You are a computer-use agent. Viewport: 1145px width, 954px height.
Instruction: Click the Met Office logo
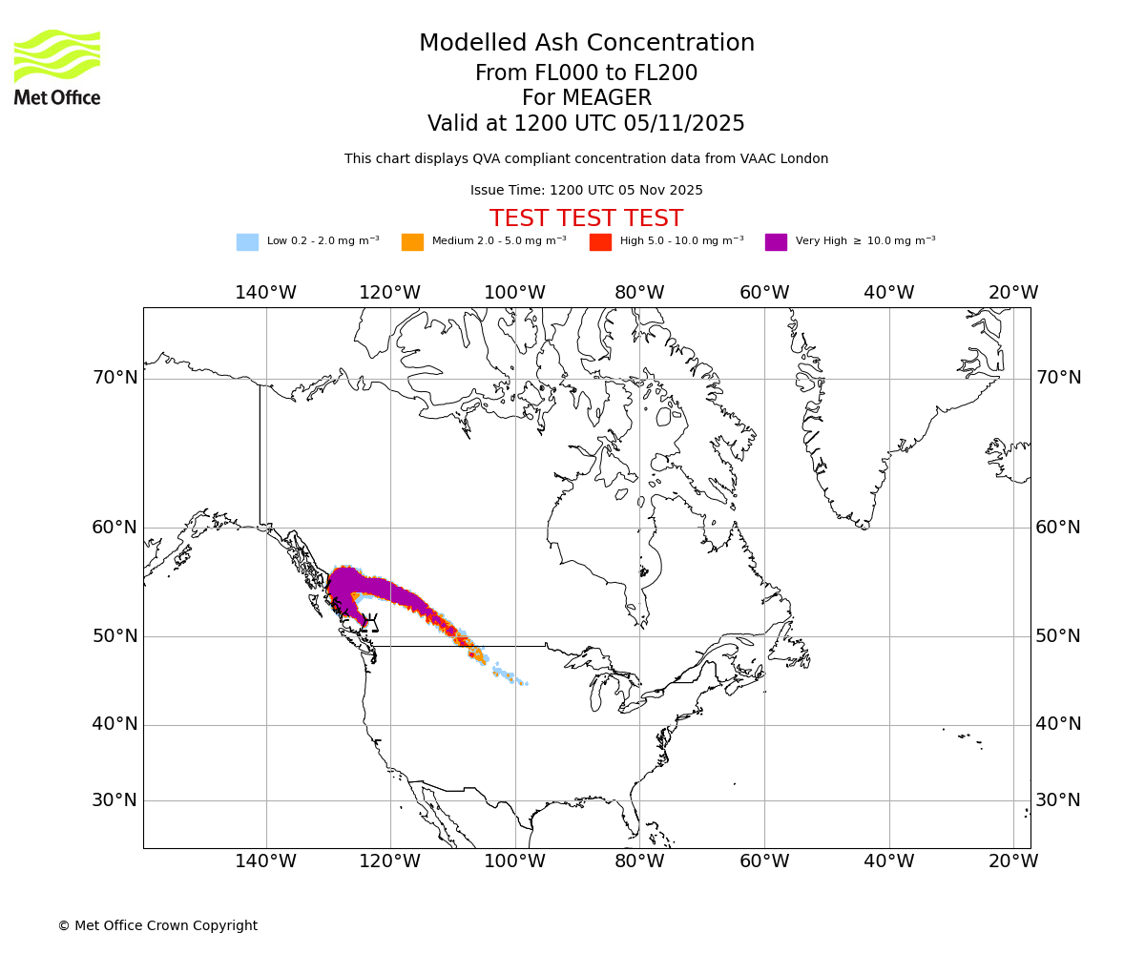(57, 67)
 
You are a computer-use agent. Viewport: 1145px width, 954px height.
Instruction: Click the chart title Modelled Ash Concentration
(586, 44)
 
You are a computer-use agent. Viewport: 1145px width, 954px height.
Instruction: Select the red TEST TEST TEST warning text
(586, 219)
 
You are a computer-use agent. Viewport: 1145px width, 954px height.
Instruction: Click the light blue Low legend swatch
(247, 242)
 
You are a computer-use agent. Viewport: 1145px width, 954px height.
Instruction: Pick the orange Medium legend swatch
(412, 242)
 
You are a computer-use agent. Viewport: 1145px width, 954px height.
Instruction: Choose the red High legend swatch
(600, 242)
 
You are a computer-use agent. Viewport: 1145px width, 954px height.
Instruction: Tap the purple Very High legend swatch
(776, 242)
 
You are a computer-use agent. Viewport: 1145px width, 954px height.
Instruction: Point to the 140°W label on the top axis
(265, 293)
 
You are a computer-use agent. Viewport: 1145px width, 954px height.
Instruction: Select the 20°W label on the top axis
(1013, 293)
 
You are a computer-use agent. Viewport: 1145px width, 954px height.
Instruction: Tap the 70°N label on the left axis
(114, 378)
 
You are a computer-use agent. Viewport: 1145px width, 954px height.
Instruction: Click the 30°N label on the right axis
(1059, 800)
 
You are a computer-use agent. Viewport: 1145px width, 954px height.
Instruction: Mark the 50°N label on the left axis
(114, 636)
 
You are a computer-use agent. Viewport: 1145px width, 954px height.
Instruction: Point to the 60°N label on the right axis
(1059, 528)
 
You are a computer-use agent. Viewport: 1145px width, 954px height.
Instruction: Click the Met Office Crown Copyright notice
(157, 926)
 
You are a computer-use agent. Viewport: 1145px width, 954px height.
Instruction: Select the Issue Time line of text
(586, 191)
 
